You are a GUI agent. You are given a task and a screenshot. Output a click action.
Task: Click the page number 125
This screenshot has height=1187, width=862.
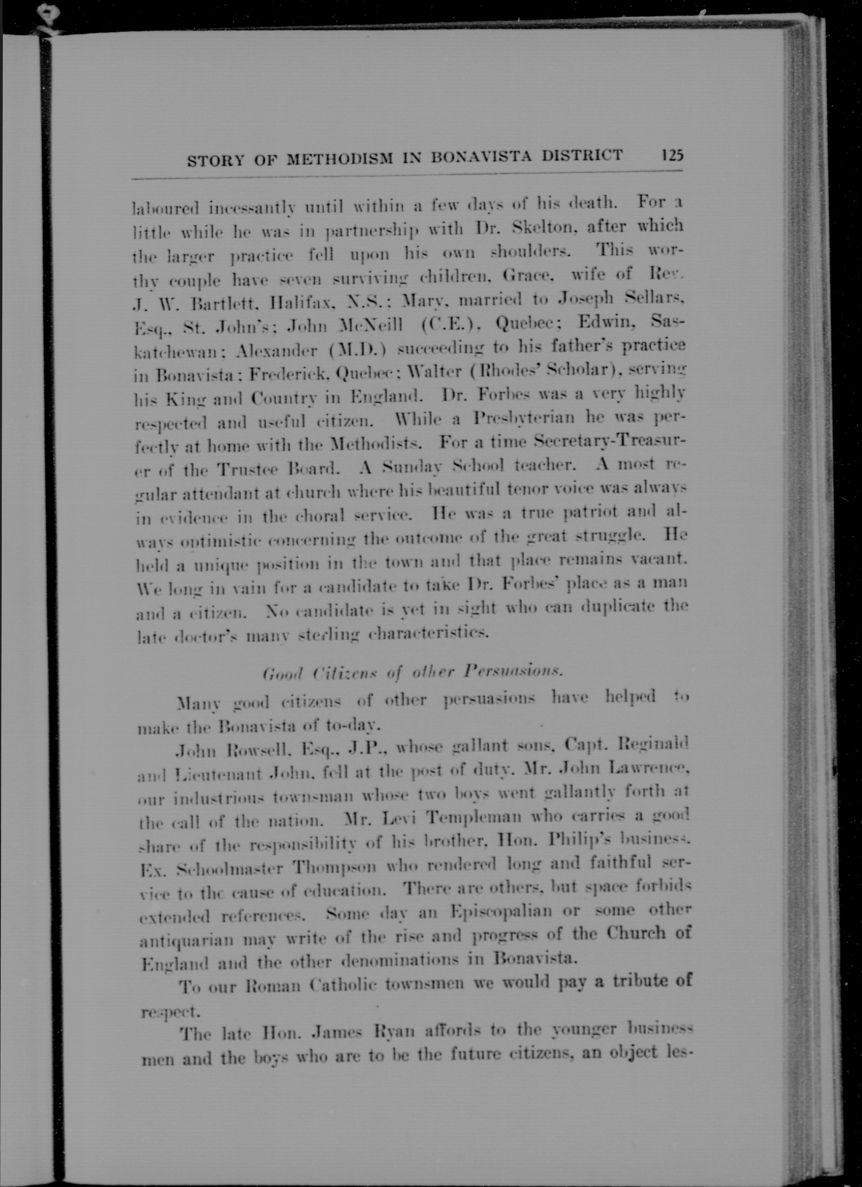pyautogui.click(x=673, y=155)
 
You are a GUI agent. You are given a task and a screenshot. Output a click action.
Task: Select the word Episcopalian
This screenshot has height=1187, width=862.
pyautogui.click(x=501, y=911)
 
